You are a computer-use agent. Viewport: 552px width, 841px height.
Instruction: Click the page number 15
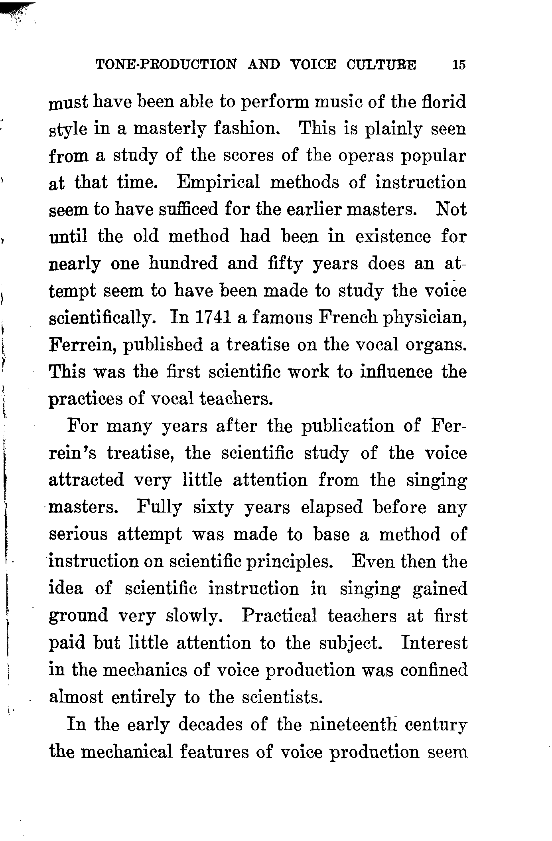[459, 65]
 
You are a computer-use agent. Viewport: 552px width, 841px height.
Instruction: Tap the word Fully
[159, 507]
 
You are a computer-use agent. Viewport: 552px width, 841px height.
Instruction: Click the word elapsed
[332, 507]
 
